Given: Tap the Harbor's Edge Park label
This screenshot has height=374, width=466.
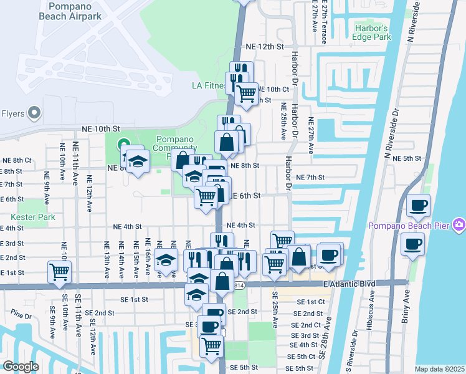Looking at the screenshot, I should point(372,33).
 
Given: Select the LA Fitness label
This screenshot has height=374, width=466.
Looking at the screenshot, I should point(207,85).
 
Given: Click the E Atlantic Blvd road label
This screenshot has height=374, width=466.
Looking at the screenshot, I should point(349,284).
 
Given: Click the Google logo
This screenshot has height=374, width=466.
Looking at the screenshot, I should point(21,367).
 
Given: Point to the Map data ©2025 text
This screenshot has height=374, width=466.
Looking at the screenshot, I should point(439,369).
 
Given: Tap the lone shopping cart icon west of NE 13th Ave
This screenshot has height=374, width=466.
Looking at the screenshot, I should point(59,271).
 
